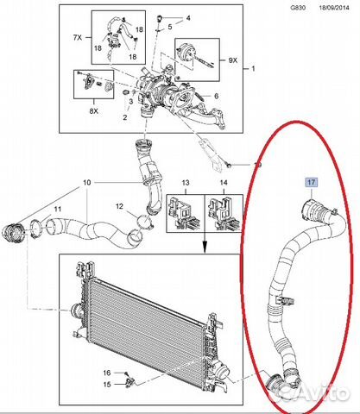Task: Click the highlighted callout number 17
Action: point(312,182)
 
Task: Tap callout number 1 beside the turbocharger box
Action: point(253,69)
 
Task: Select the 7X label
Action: point(78,37)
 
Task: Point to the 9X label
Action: point(233,60)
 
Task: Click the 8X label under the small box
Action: point(93,110)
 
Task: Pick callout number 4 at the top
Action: point(188,18)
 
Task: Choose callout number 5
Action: point(170,27)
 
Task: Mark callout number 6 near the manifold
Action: point(216,96)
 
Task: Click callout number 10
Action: point(87,183)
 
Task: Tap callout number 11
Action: point(58,209)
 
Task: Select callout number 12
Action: point(119,206)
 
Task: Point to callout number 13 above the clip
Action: point(186,183)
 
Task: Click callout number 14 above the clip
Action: point(224,183)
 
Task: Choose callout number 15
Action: point(107,384)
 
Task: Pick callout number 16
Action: point(107,373)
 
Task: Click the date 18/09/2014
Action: point(334,8)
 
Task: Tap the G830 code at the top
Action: point(298,8)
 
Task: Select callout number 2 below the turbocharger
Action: point(125,117)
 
